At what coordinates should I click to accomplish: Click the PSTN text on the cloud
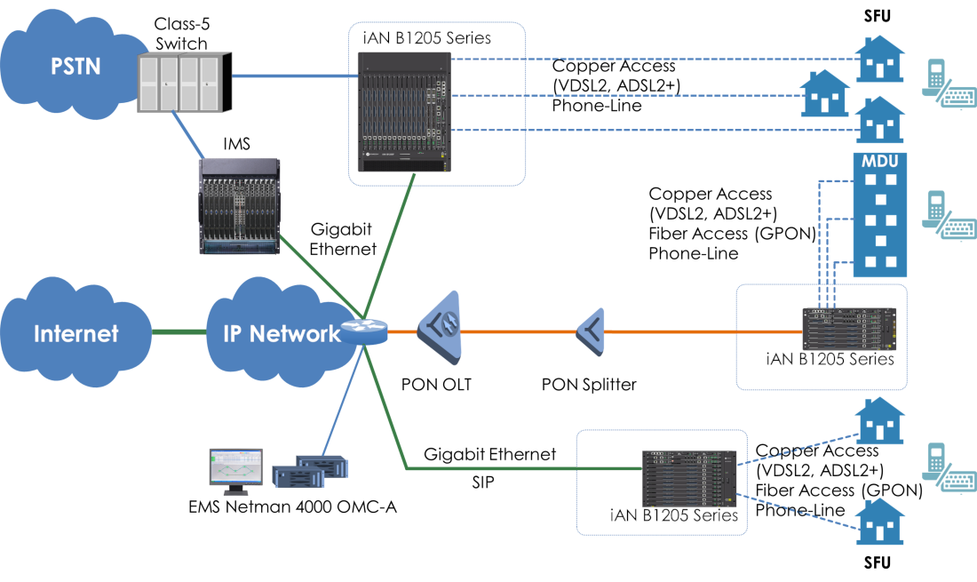pos(75,67)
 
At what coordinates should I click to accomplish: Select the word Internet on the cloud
pos(75,334)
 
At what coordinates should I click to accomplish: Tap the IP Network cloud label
pos(281,334)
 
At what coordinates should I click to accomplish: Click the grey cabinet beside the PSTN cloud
pos(184,83)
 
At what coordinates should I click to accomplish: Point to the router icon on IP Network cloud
pos(364,331)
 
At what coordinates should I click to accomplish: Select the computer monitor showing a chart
pos(235,467)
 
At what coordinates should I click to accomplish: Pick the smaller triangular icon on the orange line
pos(592,332)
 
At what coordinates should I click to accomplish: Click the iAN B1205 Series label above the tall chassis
pos(427,38)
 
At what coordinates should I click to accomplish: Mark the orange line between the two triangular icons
pos(520,331)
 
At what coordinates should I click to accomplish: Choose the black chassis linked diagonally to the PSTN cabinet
pos(239,207)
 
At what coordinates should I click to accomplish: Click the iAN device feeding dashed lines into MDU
pos(849,329)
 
